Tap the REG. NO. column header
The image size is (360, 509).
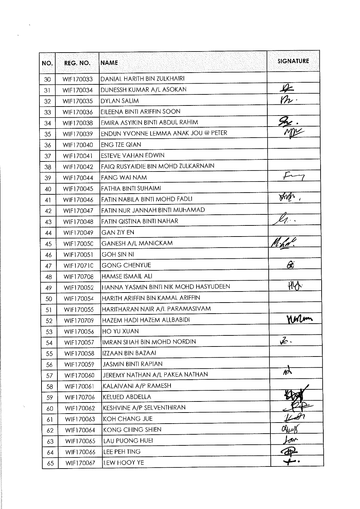(77, 63)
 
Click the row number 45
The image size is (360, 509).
(48, 244)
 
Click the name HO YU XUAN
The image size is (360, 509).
(120, 331)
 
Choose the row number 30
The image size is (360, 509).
(48, 79)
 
